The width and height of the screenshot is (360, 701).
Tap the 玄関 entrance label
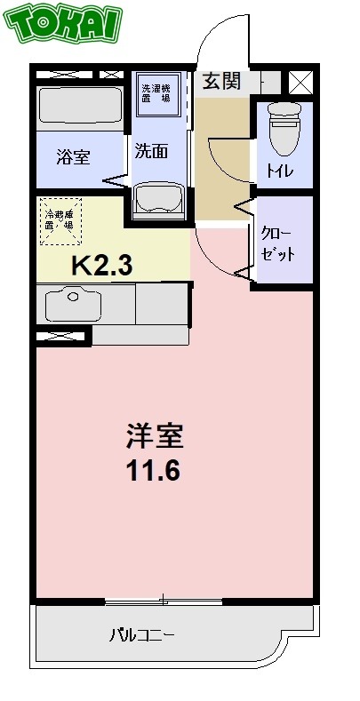click(x=221, y=82)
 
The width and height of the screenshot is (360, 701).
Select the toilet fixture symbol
click(x=284, y=130)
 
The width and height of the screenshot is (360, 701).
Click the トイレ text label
click(x=284, y=171)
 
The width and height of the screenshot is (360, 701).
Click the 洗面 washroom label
click(x=151, y=151)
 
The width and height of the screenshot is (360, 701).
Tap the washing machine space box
click(x=160, y=93)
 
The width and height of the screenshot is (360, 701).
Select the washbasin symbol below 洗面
click(x=158, y=200)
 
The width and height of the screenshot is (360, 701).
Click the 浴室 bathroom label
click(x=73, y=159)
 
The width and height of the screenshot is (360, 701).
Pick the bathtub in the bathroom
click(x=80, y=108)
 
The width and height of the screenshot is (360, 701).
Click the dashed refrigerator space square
click(x=61, y=219)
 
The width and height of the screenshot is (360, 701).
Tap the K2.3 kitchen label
click(x=102, y=264)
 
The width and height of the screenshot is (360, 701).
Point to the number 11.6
click(x=153, y=470)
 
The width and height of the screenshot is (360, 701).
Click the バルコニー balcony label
click(x=141, y=636)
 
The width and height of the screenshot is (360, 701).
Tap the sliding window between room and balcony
click(x=164, y=601)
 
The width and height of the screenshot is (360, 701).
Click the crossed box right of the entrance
click(x=300, y=82)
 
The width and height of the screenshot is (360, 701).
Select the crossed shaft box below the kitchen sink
click(x=63, y=336)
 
